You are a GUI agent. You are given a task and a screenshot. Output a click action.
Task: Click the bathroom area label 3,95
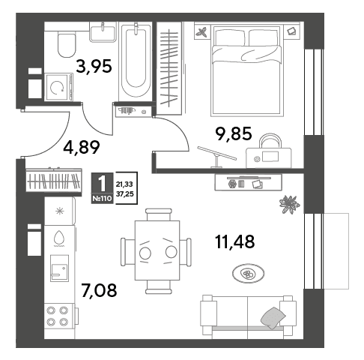pyautogui.click(x=94, y=66)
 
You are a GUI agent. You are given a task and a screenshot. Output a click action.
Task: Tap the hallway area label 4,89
pyautogui.click(x=82, y=147)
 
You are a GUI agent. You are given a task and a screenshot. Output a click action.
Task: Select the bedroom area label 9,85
pyautogui.click(x=234, y=133)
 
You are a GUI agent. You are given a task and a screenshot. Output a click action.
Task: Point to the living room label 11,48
pyautogui.click(x=234, y=241)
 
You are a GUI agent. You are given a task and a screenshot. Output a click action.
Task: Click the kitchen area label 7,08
pyautogui.click(x=99, y=290)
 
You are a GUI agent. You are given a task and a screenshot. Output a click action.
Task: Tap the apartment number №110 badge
pyautogui.click(x=102, y=199)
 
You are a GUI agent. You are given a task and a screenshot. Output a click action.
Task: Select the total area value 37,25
pyautogui.click(x=124, y=194)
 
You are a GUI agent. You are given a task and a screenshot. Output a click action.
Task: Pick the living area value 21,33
pyautogui.click(x=124, y=184)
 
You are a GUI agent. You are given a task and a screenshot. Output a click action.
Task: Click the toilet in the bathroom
pyautogui.click(x=67, y=44)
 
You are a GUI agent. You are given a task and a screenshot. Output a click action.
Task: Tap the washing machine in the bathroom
pyautogui.click(x=58, y=87)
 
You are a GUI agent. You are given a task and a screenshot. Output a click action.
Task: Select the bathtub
pyautogui.click(x=136, y=61)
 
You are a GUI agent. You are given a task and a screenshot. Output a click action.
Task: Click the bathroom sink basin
pyautogui.click(x=103, y=32)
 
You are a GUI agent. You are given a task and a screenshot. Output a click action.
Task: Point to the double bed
pyautogui.click(x=247, y=70)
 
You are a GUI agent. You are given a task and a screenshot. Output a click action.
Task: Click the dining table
pyautogui.click(x=157, y=250)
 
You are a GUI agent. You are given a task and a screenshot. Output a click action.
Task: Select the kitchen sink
pyautogui.click(x=59, y=268)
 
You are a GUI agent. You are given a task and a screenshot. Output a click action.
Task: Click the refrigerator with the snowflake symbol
pyautogui.click(x=60, y=211)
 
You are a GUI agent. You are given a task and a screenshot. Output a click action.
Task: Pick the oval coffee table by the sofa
pyautogui.click(x=248, y=274)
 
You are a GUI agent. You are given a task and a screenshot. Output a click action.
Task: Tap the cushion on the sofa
pyautogui.click(x=273, y=318)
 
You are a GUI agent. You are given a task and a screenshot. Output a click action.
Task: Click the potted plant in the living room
pyautogui.click(x=289, y=205)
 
